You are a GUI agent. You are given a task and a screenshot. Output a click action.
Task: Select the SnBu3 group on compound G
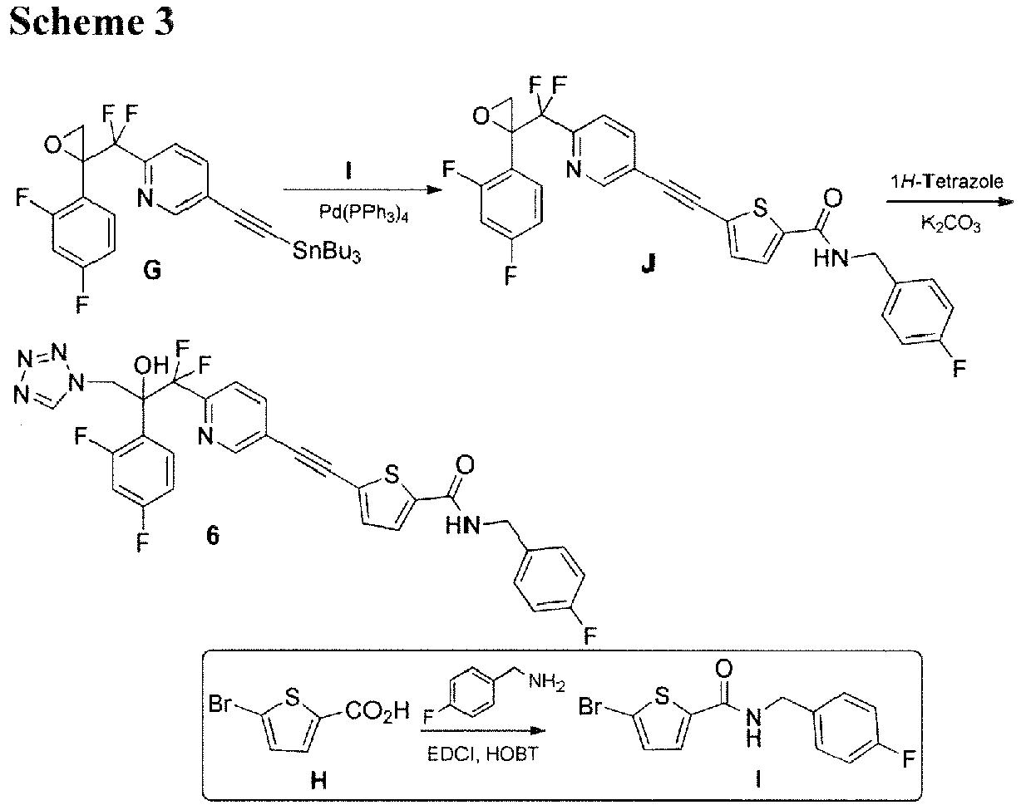pyautogui.click(x=327, y=251)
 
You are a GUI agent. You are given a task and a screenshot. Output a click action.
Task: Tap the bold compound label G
pyautogui.click(x=152, y=271)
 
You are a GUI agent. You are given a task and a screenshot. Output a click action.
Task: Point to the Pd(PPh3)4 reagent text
pyautogui.click(x=363, y=214)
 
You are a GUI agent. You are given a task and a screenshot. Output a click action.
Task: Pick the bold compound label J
pyautogui.click(x=648, y=264)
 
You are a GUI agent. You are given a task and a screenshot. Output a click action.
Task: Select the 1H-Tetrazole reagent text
pyautogui.click(x=946, y=182)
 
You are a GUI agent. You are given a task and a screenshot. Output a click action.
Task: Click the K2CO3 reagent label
pyautogui.click(x=951, y=223)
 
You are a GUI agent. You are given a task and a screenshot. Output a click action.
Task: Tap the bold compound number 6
pyautogui.click(x=212, y=536)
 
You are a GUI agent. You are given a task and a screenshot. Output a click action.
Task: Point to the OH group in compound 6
pyautogui.click(x=150, y=366)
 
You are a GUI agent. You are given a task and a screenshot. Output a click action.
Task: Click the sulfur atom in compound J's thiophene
pyautogui.click(x=760, y=208)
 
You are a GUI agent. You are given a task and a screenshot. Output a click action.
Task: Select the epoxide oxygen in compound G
pyautogui.click(x=52, y=144)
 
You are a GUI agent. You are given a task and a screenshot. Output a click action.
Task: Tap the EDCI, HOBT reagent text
pyautogui.click(x=483, y=754)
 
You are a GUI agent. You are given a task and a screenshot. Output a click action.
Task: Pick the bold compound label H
pyautogui.click(x=318, y=780)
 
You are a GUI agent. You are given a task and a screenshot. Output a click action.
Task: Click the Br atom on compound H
pyautogui.click(x=219, y=704)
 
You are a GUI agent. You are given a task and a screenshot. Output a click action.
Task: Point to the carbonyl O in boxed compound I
pyautogui.click(x=723, y=669)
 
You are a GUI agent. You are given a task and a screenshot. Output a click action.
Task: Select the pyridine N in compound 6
pyautogui.click(x=205, y=435)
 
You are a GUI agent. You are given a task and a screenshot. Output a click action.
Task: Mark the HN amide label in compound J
pyautogui.click(x=831, y=258)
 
